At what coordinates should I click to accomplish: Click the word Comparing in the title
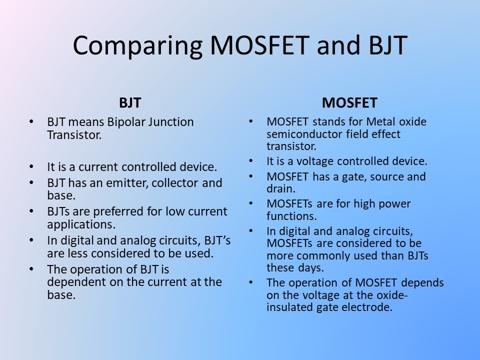137,46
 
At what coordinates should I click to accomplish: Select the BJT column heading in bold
130,103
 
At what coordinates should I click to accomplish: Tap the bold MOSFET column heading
349,103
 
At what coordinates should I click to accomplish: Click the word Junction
171,122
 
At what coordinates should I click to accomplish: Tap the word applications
81,225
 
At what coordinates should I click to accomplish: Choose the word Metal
381,122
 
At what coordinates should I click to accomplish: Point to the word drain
280,189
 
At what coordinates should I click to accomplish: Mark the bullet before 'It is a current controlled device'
31,167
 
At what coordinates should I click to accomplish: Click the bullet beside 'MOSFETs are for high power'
250,203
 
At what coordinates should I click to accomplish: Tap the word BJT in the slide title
388,46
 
